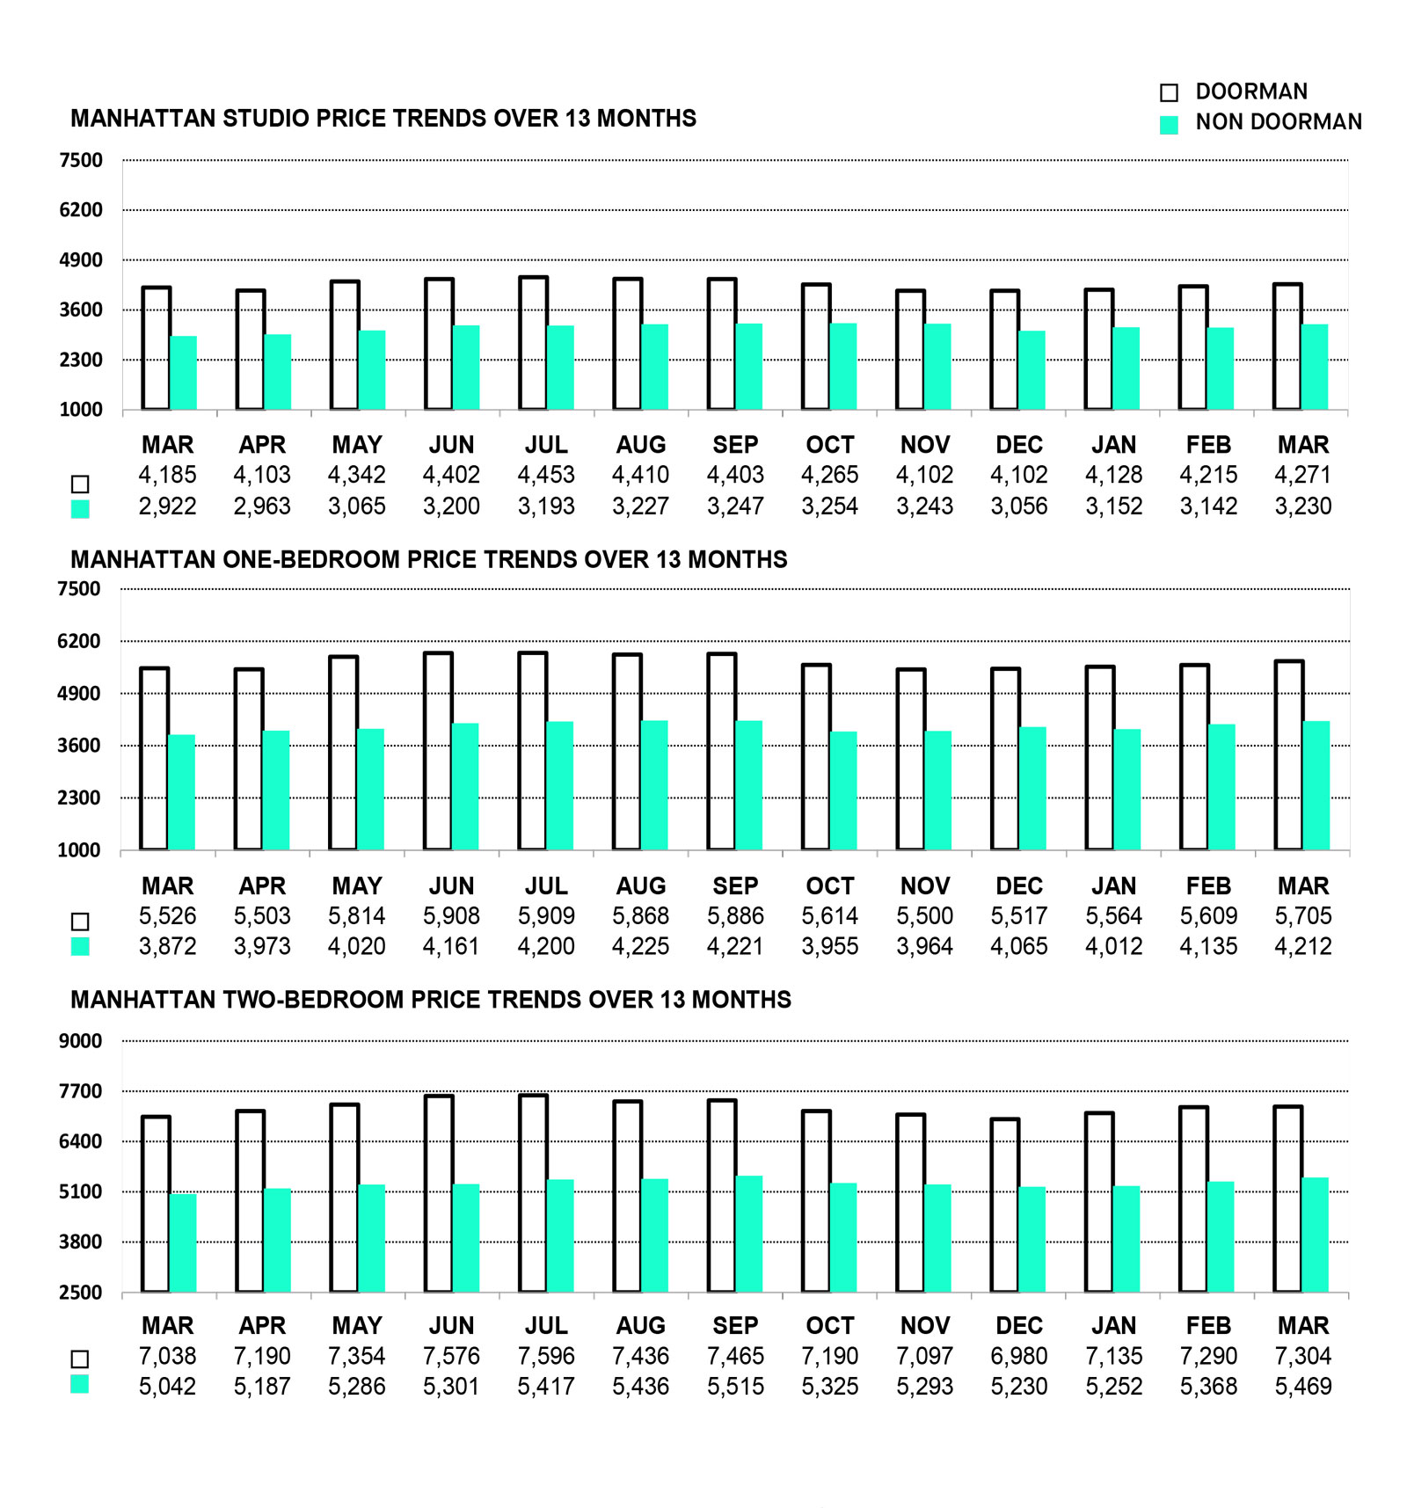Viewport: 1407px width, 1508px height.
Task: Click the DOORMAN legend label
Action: coord(1250,91)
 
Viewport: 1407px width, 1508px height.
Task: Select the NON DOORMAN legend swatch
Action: coord(1169,125)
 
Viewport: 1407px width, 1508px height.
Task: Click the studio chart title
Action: coord(383,119)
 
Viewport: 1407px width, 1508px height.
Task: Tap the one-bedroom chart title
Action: coord(428,559)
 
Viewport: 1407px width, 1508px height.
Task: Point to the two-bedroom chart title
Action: coord(431,1000)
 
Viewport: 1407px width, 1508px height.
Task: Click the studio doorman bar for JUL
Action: coord(533,344)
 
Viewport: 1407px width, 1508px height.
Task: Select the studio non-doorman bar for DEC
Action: coord(1032,370)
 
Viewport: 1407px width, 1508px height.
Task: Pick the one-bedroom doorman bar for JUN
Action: coord(438,752)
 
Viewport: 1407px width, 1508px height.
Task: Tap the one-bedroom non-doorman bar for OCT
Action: coord(843,790)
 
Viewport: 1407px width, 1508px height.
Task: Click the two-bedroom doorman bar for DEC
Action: coord(1004,1206)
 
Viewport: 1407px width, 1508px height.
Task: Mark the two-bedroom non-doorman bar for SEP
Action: coord(749,1234)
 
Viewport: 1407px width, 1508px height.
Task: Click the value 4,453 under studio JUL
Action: coord(546,475)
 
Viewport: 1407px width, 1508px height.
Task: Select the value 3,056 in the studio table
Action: coord(1019,506)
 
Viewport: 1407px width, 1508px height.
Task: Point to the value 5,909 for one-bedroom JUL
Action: coord(546,916)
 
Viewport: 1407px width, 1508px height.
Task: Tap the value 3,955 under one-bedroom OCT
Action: coord(830,947)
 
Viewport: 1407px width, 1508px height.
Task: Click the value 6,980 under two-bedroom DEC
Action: coord(1019,1356)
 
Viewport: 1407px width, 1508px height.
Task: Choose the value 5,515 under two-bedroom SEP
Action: coord(735,1387)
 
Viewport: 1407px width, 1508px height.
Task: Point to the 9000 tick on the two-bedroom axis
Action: coord(81,1041)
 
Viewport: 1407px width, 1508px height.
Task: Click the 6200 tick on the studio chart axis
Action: coord(81,210)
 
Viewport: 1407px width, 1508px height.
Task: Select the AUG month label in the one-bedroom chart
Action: coord(641,886)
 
